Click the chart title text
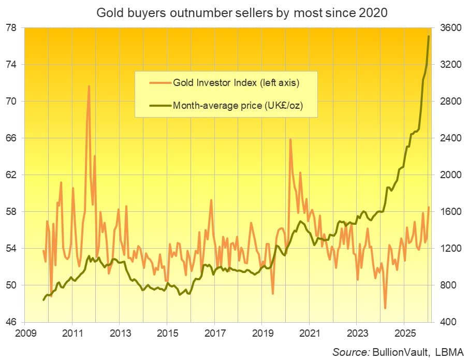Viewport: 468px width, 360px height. click(x=235, y=12)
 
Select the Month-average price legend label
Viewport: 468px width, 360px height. click(x=238, y=106)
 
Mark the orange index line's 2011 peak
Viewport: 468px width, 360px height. click(x=89, y=86)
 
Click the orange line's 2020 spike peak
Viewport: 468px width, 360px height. click(x=290, y=139)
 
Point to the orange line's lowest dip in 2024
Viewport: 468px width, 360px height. click(x=385, y=308)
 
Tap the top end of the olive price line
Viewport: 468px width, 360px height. click(x=429, y=36)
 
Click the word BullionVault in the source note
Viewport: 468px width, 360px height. click(x=404, y=352)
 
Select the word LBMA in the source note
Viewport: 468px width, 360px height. click(x=451, y=352)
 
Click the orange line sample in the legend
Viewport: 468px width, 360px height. click(x=159, y=82)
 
